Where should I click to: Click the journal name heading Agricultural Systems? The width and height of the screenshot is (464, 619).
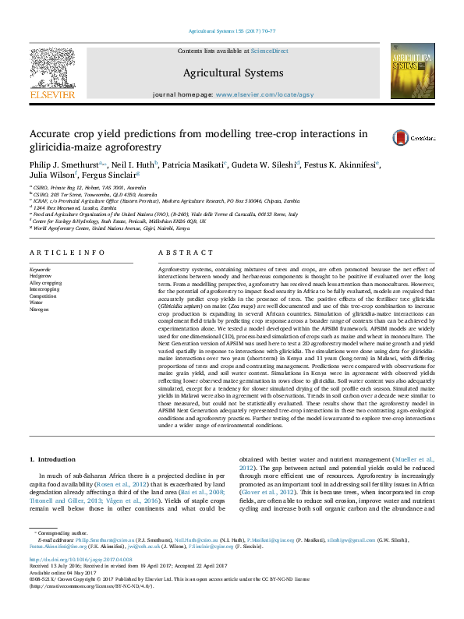(232, 73)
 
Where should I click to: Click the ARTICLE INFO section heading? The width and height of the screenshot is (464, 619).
(66, 253)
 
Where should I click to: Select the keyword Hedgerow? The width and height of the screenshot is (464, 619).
(41, 274)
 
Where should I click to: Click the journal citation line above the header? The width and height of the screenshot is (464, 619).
(232, 32)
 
